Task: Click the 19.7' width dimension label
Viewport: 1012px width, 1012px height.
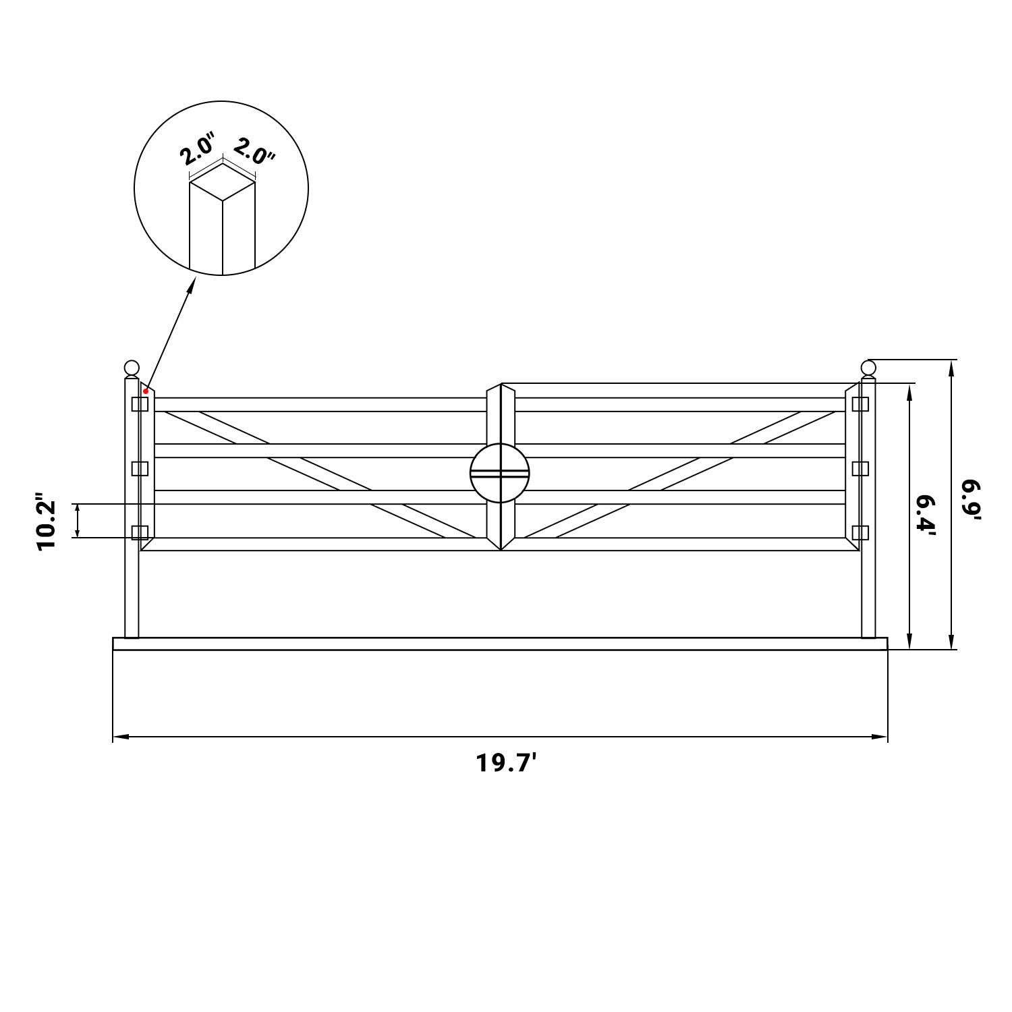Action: tap(506, 763)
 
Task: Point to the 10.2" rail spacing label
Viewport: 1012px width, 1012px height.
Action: tap(48, 526)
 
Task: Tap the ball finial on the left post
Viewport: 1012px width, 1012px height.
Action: tap(132, 368)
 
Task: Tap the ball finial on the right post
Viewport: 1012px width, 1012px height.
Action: tap(868, 368)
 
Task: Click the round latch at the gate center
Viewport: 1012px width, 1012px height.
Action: tap(500, 472)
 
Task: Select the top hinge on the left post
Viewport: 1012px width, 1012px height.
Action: tap(140, 404)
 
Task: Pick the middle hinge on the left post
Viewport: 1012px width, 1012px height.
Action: tap(140, 468)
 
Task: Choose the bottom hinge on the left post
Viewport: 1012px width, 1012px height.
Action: tap(140, 532)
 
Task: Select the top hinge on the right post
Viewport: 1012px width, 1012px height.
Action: tap(860, 404)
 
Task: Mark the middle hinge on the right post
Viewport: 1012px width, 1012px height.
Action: tap(860, 468)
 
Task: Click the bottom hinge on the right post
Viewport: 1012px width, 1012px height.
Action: tap(860, 532)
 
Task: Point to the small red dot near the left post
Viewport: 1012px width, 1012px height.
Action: tap(146, 391)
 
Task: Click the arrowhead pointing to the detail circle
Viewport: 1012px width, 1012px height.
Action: tap(192, 284)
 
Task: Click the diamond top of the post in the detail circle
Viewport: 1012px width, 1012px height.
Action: tap(223, 181)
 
